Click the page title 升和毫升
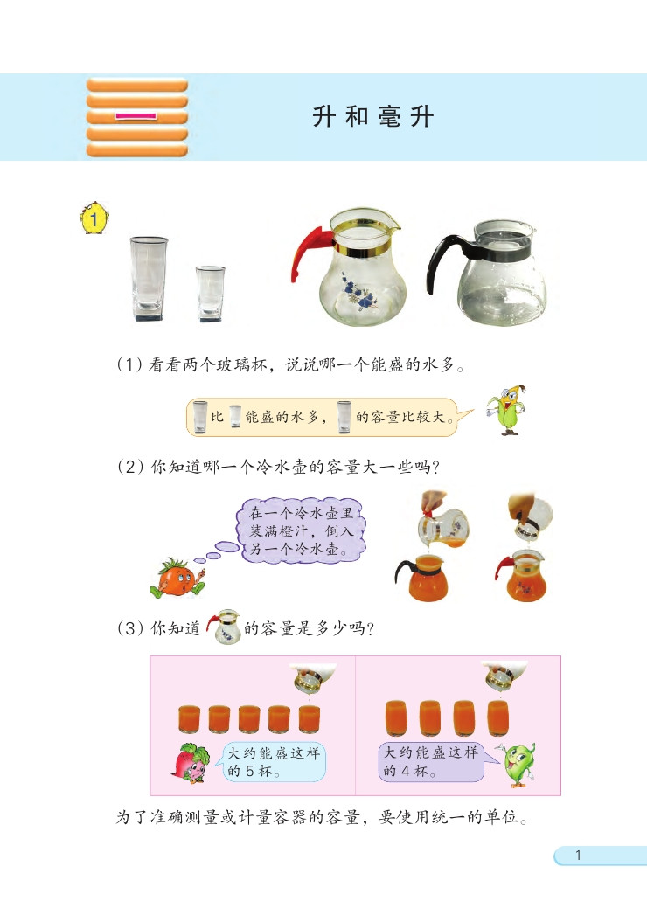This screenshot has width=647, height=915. coord(373,117)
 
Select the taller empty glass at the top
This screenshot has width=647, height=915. coord(150,276)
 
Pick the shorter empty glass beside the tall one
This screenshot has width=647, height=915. coord(210,292)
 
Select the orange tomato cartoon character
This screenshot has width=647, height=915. coord(178,578)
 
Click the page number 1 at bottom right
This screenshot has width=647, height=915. coord(577,856)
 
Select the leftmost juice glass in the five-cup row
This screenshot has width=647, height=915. coord(189,717)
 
